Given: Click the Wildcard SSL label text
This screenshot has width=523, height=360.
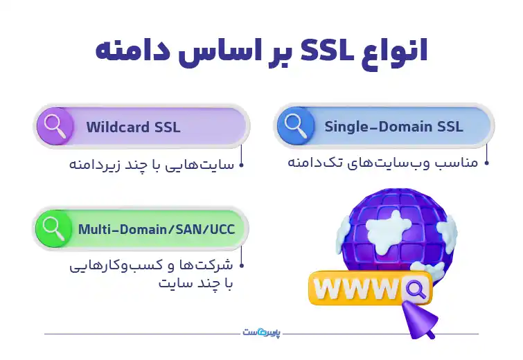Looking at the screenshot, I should [133, 127].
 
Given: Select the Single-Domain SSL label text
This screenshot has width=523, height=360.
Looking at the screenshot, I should [393, 127].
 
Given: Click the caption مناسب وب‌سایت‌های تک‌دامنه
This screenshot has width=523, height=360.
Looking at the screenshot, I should [383, 164].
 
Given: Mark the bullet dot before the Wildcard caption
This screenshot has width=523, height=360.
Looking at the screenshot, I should [242, 165].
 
